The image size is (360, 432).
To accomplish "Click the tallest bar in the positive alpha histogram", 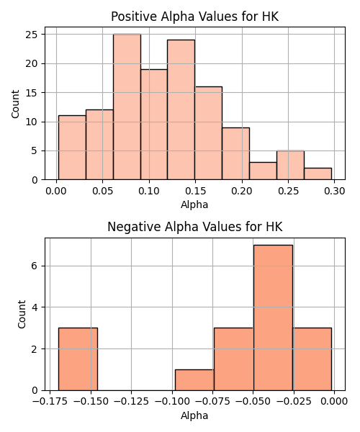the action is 127,107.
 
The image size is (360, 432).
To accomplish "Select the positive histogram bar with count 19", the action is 154,125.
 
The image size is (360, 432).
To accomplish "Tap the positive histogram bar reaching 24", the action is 181,109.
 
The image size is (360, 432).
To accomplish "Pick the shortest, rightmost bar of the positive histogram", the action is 318,174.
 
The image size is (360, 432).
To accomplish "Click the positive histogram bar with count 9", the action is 235,154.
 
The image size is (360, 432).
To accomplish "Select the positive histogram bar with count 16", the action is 209,133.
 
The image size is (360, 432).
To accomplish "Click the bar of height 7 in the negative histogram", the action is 273,318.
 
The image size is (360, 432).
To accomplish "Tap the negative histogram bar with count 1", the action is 194,380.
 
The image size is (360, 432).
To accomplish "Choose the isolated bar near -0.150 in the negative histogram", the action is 78,359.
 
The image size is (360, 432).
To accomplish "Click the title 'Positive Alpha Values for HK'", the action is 194,17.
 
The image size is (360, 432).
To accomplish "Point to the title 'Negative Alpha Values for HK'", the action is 194,227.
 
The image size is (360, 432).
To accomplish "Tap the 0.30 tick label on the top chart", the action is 335,191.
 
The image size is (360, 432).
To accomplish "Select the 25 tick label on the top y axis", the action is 32,35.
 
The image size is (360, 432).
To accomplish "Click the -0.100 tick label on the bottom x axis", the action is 172,401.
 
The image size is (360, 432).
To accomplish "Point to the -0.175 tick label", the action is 50,401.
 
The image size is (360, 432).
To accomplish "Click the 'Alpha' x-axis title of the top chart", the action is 194,204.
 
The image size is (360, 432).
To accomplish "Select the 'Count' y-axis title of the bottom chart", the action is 22,315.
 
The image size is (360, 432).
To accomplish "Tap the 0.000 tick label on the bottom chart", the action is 335,401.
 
